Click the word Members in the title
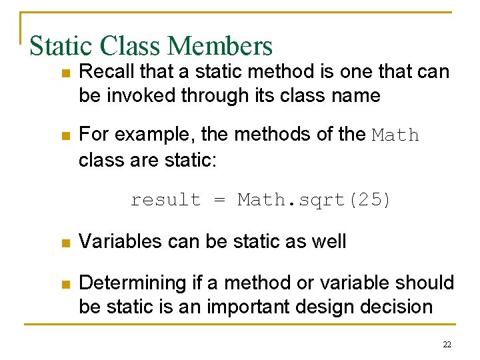(x=221, y=46)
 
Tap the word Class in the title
(x=131, y=46)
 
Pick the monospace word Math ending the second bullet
(x=396, y=135)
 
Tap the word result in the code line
(x=165, y=200)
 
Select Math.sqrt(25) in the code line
(x=315, y=200)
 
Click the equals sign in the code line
(x=219, y=201)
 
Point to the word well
(x=328, y=241)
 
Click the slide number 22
(x=447, y=344)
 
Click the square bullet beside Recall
(x=65, y=73)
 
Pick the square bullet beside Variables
(x=65, y=242)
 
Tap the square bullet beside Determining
(x=65, y=284)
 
